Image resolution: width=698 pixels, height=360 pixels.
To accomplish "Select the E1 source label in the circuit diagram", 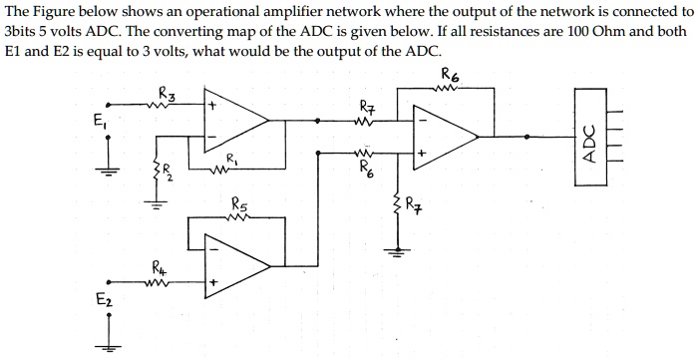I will pos(96,125).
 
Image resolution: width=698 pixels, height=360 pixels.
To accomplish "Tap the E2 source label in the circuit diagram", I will pos(103,300).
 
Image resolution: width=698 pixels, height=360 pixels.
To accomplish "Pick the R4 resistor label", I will pos(161,266).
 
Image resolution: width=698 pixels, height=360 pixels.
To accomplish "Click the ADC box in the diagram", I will pos(589,141).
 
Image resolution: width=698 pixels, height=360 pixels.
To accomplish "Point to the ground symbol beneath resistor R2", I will pos(156,209).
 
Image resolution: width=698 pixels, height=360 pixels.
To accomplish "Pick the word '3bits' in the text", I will pos(23,32).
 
